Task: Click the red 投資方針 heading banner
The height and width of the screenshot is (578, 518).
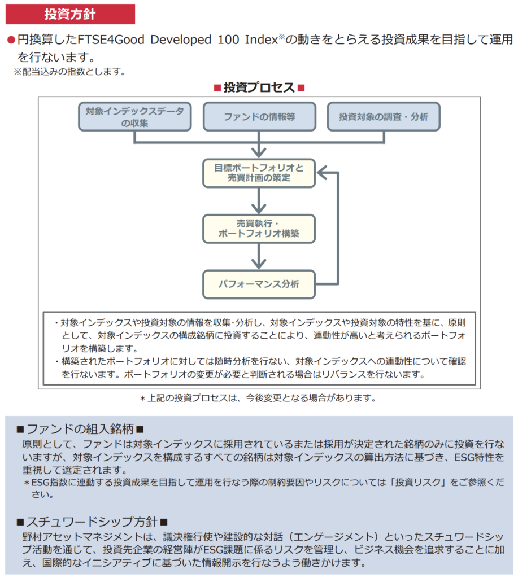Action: click(70, 14)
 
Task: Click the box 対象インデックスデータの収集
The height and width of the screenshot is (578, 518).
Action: click(134, 117)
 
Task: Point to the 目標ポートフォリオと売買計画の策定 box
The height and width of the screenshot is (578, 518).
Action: click(259, 172)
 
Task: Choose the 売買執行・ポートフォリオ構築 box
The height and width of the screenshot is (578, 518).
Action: click(259, 228)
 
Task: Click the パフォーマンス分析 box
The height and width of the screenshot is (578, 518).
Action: click(259, 284)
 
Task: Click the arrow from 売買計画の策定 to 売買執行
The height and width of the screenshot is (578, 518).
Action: click(259, 200)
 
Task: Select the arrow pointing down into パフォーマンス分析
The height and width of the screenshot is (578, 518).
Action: click(259, 256)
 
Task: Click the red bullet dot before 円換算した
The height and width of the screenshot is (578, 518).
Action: click(10, 41)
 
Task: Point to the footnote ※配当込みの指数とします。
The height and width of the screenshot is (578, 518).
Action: click(69, 72)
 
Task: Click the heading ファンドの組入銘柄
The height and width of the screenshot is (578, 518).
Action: click(80, 429)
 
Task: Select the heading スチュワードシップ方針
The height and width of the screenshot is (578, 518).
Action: click(92, 522)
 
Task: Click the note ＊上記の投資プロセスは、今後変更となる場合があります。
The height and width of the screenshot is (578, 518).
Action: click(258, 398)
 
